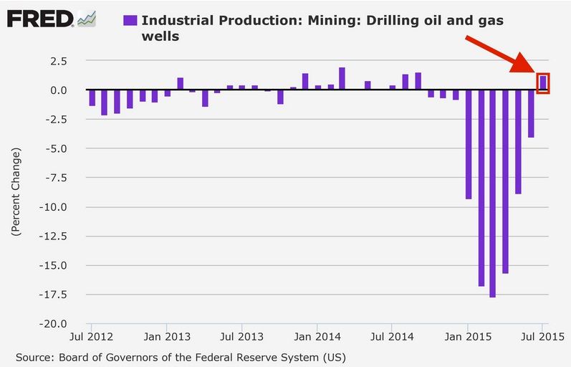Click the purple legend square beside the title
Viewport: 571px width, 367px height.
pyautogui.click(x=130, y=21)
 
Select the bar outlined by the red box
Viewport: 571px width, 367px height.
pyautogui.click(x=543, y=82)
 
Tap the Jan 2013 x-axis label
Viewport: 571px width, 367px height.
pyautogui.click(x=167, y=335)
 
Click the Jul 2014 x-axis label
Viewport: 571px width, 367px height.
pyautogui.click(x=392, y=335)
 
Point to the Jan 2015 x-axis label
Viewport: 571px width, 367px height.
pyautogui.click(x=467, y=335)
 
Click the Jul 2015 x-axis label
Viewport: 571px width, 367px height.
pyautogui.click(x=542, y=335)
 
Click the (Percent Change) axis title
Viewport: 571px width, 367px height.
pyautogui.click(x=15, y=193)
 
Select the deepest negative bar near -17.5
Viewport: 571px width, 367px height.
pyautogui.click(x=493, y=194)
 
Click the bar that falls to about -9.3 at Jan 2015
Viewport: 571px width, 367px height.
pyautogui.click(x=469, y=144)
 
